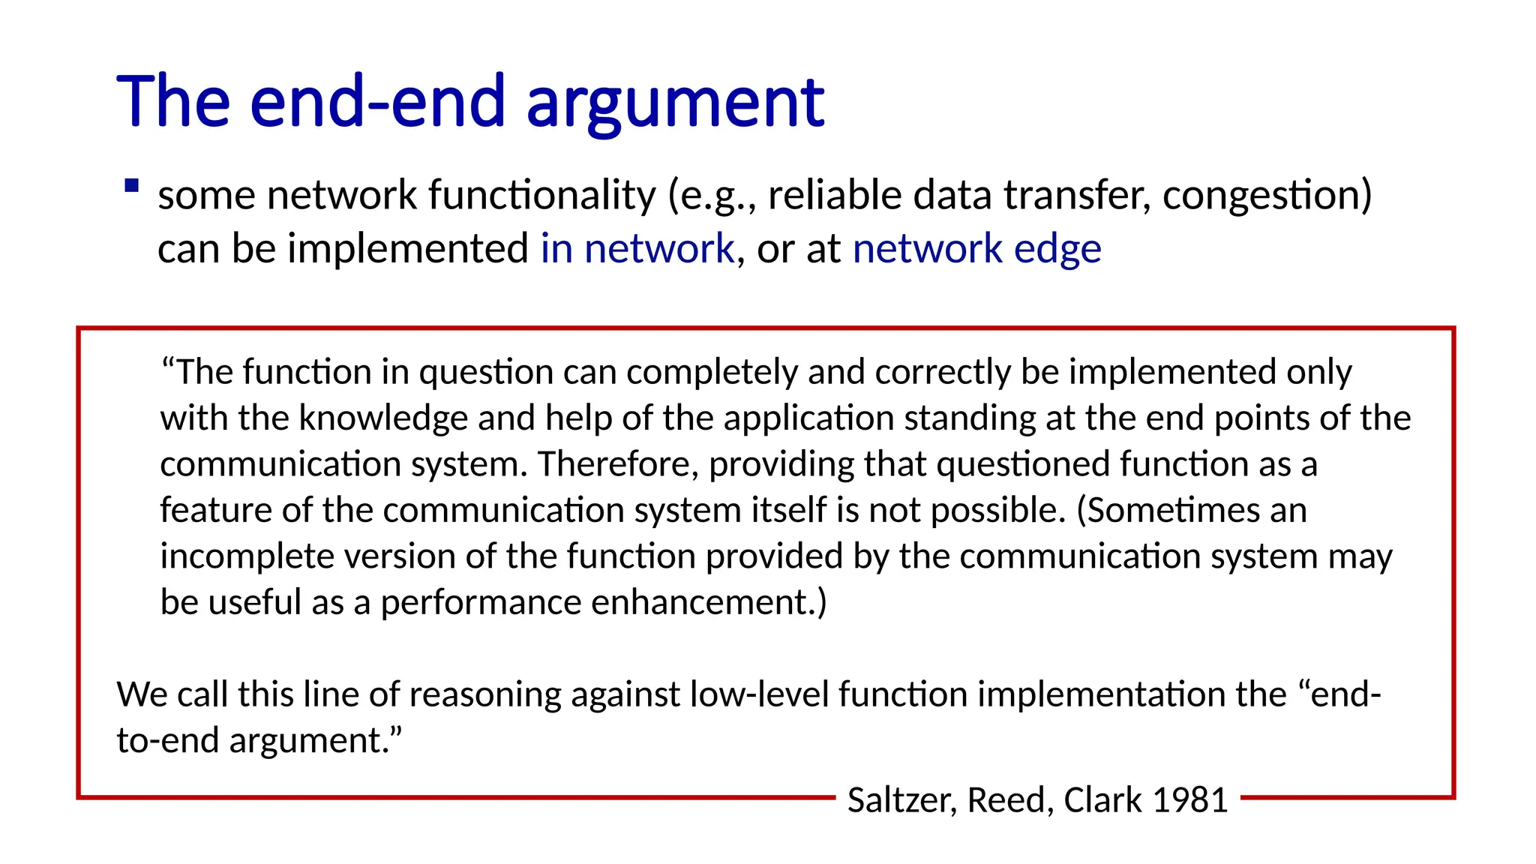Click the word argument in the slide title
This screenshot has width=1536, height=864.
675,103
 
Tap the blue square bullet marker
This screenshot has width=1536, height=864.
132,186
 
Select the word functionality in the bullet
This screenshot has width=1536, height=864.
541,195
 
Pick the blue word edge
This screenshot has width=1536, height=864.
1057,248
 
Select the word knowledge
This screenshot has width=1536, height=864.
383,418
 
